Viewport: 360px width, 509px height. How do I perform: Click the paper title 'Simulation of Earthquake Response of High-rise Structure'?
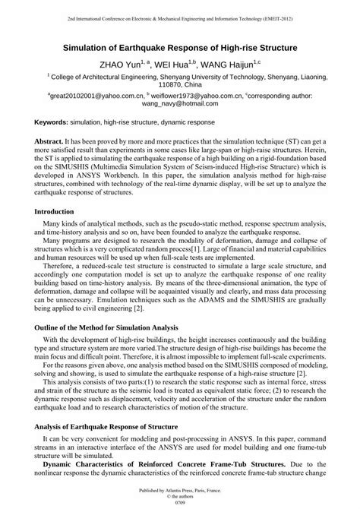pyautogui.click(x=180, y=47)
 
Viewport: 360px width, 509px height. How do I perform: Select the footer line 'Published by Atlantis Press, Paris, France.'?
pyautogui.click(x=180, y=491)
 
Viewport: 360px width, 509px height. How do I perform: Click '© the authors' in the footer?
pyautogui.click(x=180, y=497)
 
